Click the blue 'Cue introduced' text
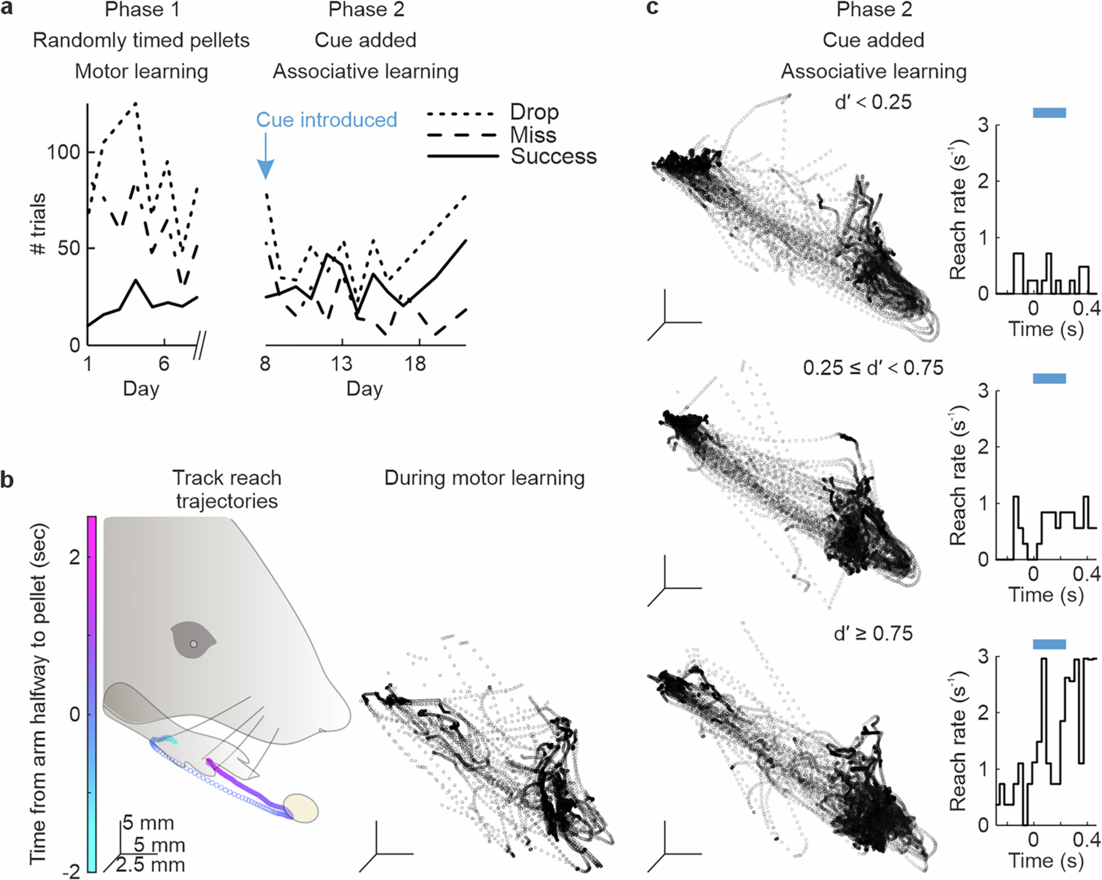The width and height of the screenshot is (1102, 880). pos(326,120)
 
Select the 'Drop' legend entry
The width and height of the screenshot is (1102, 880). pos(534,112)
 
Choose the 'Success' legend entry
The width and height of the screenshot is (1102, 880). pos(553,156)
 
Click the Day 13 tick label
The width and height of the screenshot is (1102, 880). pos(341,364)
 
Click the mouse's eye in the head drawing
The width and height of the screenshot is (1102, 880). pos(193,644)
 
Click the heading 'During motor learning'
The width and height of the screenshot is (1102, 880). pos(484,478)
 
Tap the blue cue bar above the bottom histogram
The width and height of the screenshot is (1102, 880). pos(1049,644)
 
